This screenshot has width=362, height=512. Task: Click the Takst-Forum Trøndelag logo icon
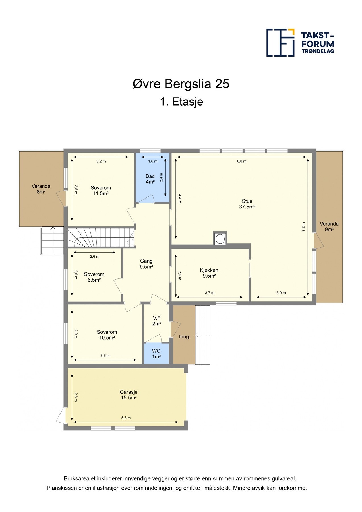[280, 42]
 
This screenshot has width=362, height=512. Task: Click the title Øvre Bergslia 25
[181, 84]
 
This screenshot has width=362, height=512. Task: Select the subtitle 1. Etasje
[181, 102]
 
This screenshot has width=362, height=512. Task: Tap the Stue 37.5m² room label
[247, 204]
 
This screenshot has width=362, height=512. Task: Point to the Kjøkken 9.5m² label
[209, 273]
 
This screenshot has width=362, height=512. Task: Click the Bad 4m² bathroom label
[150, 179]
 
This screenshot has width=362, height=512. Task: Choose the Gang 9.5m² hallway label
[146, 264]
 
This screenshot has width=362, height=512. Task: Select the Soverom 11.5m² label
[101, 191]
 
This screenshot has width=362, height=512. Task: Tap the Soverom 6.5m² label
[94, 277]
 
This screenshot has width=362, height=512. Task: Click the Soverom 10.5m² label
[107, 335]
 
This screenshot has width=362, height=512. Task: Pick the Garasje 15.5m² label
[129, 395]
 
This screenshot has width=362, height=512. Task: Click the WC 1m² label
[156, 354]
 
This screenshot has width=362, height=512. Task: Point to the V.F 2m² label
[157, 321]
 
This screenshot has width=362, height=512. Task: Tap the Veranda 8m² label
[41, 189]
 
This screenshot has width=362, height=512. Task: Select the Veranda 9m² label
[329, 226]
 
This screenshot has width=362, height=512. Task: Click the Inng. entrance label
[185, 337]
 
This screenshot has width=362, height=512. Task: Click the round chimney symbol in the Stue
[220, 238]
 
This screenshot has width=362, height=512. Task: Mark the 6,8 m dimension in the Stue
[241, 161]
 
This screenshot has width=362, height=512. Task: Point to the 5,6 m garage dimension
[126, 418]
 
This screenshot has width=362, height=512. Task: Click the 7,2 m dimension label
[303, 227]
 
